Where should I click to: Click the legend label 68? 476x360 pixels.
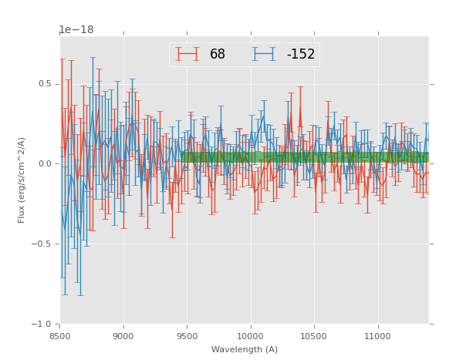coord(218,55)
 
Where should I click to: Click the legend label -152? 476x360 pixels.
coord(301,55)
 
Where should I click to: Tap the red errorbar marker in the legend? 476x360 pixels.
coord(187,54)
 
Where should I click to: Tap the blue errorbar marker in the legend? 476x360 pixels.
coord(264,54)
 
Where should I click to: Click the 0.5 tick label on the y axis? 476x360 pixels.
coord(45,84)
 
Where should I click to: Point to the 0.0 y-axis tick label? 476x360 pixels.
coord(45,164)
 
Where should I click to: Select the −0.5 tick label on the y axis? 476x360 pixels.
coord(42,244)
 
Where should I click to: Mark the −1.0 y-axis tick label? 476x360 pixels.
coord(42,325)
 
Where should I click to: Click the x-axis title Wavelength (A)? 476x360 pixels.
coord(245,349)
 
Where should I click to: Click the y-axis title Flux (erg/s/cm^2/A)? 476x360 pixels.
coord(22,180)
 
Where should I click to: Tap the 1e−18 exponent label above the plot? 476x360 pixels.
coord(76,30)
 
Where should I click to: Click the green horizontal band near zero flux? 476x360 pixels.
coord(309,157)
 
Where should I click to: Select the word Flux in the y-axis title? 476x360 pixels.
coord(22,214)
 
